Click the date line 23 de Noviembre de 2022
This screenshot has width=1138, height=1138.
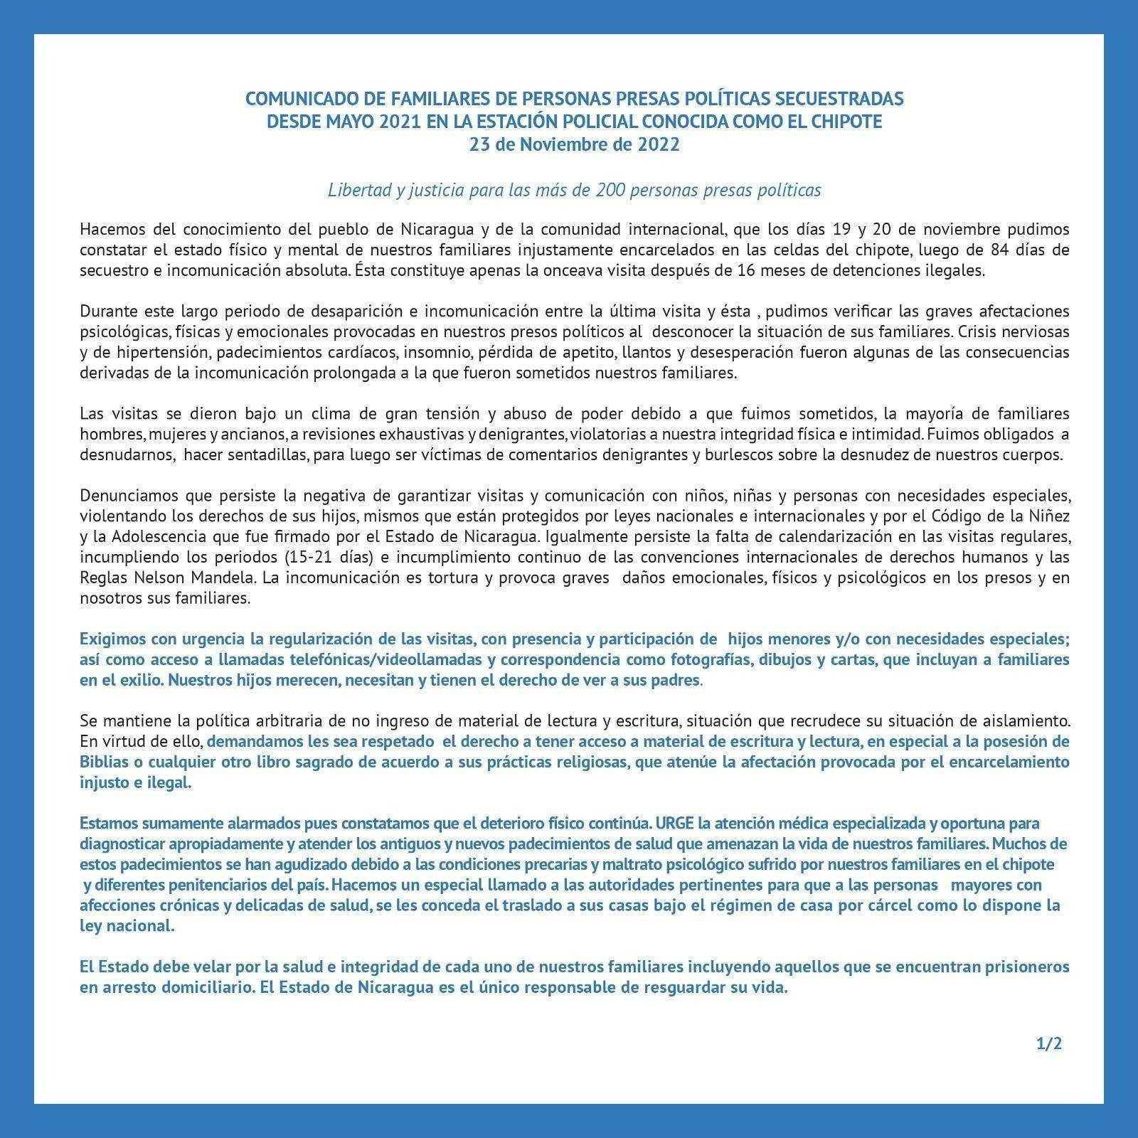pyautogui.click(x=574, y=144)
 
